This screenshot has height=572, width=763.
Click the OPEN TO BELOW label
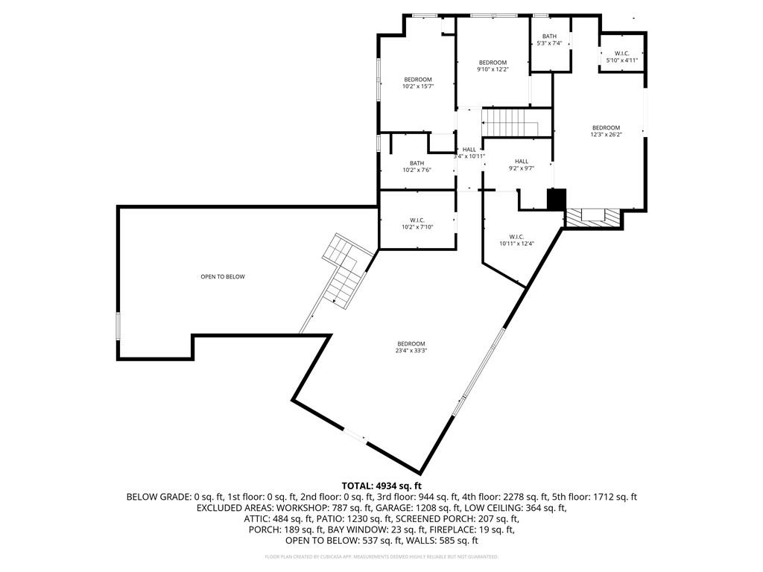(222, 277)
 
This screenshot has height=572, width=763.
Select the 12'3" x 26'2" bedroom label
(606, 131)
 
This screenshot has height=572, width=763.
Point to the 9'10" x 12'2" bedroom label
(493, 66)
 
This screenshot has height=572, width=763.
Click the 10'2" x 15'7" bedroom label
(417, 83)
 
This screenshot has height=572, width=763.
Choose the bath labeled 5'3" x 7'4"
(549, 40)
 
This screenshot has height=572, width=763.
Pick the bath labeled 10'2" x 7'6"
(417, 167)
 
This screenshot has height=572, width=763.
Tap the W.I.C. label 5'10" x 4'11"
(622, 57)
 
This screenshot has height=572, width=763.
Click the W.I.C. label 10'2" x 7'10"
(417, 223)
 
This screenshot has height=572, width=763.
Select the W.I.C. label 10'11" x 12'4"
(516, 240)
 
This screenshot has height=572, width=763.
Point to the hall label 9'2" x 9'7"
(521, 165)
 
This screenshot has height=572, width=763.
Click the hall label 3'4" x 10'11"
(469, 153)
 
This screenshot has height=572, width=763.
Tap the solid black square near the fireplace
(557, 200)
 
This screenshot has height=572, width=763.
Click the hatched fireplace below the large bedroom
(592, 217)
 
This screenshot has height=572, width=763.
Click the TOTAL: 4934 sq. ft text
(381, 486)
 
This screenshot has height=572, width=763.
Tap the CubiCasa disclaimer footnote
(381, 556)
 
